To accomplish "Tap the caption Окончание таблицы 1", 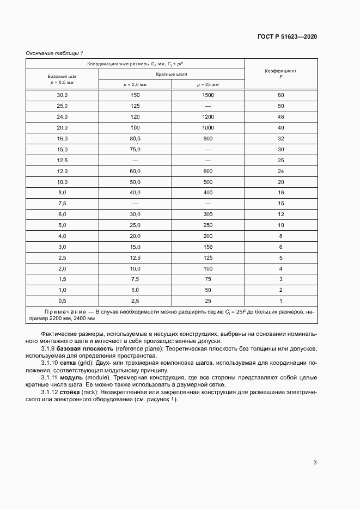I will point(54,53).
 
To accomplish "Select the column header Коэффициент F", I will point(280,74).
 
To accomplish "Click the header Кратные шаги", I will point(172,74).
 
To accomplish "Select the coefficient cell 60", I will point(280,95).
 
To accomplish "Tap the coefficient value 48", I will point(280,117).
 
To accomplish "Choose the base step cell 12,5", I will point(62,161).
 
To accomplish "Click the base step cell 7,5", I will point(62,203).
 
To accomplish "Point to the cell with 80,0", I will point(135,138).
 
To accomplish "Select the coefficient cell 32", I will point(280,138).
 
